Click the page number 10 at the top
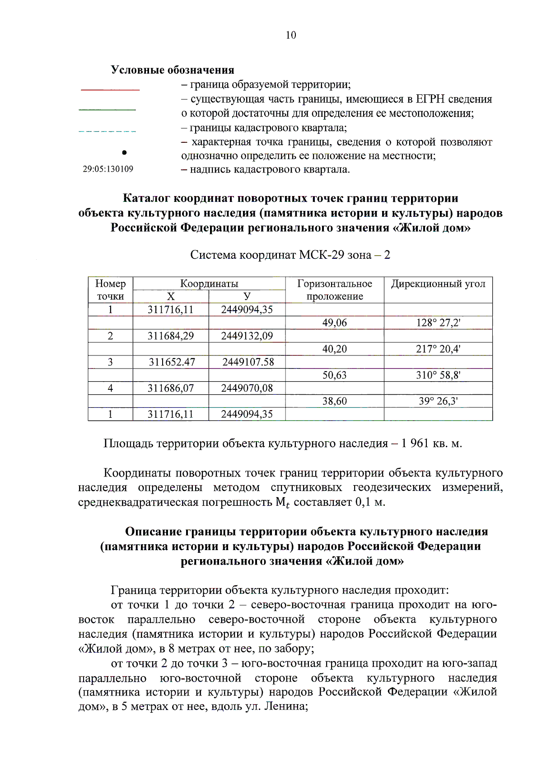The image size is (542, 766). [x=291, y=35]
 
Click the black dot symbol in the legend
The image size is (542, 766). [x=124, y=153]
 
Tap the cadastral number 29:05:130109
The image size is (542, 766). [x=108, y=169]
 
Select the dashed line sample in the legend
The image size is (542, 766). [x=107, y=131]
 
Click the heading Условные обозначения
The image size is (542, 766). [x=173, y=70]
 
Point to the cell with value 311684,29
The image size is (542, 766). [x=171, y=336]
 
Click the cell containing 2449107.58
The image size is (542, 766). [x=248, y=362]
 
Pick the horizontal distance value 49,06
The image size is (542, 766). [x=334, y=322]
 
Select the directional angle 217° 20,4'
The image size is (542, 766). [x=438, y=349]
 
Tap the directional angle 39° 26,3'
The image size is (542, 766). [x=438, y=401]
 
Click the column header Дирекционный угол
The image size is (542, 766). [x=438, y=284]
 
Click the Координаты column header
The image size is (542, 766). [x=209, y=284]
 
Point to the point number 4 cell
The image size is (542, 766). [x=110, y=388]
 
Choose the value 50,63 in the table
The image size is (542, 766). [x=334, y=375]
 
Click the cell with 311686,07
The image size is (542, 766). [x=171, y=388]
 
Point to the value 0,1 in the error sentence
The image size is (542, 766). [x=363, y=502]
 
